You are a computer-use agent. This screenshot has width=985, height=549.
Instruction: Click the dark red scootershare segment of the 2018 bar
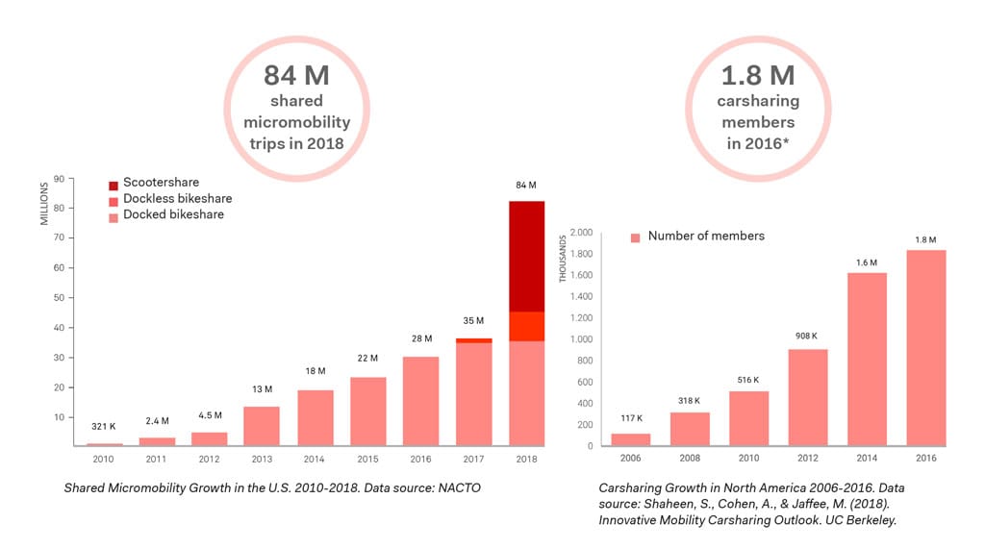click(526, 256)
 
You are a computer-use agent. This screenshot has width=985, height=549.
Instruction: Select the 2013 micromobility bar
click(262, 426)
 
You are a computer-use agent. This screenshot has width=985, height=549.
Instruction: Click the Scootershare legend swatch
click(114, 183)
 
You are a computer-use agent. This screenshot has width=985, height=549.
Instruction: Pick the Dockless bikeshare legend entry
click(170, 199)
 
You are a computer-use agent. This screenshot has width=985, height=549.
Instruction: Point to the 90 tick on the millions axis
click(59, 178)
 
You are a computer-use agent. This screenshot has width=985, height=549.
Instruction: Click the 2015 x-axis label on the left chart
click(368, 460)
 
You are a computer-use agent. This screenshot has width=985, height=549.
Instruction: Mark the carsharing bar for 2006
click(630, 439)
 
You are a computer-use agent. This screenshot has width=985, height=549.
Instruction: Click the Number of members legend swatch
click(635, 237)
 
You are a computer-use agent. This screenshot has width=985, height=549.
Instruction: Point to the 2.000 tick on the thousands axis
click(580, 233)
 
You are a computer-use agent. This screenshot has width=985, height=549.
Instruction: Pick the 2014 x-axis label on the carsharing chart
click(868, 460)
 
